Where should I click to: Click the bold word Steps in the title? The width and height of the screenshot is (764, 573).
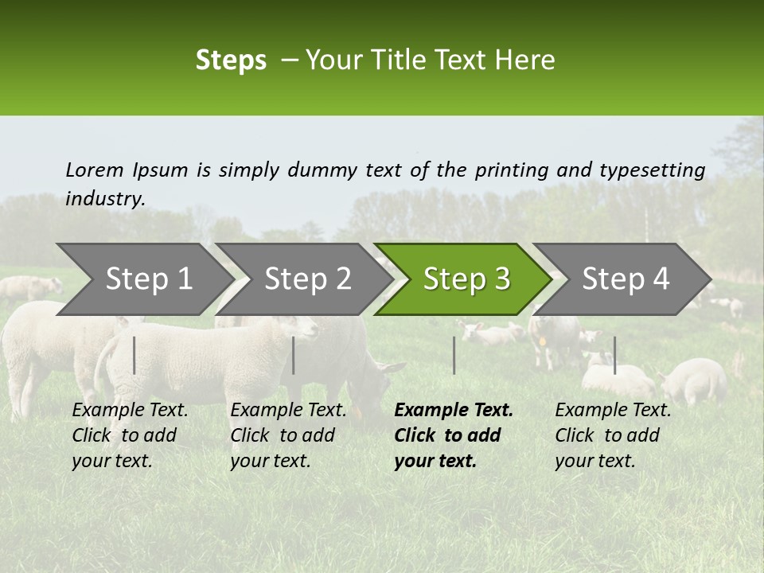click(x=231, y=60)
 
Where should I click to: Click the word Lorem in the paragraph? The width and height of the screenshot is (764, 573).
click(x=94, y=170)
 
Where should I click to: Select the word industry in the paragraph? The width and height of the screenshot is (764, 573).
click(x=105, y=200)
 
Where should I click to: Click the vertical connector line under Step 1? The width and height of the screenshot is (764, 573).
click(x=134, y=355)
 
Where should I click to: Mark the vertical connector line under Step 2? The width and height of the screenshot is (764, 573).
click(x=294, y=355)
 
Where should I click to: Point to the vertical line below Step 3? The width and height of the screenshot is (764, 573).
click(x=454, y=355)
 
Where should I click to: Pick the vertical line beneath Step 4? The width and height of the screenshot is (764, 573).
click(x=614, y=355)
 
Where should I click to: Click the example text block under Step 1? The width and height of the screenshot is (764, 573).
click(x=130, y=435)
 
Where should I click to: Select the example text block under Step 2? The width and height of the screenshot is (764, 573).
click(x=288, y=435)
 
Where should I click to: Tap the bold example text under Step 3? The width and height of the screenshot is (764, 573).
click(x=454, y=435)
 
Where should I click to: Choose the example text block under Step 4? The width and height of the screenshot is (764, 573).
click(x=613, y=435)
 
